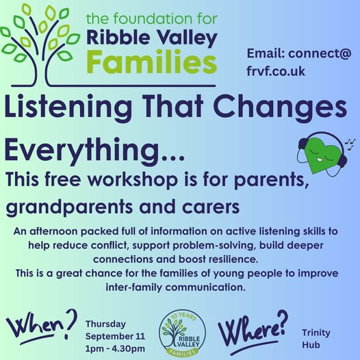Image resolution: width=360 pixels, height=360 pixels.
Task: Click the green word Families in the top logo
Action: coord(152,61)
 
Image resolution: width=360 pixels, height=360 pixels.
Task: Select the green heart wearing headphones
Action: coord(323,153)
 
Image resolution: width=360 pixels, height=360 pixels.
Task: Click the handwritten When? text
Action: coord(41,326)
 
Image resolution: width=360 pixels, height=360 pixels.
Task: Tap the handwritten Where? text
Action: coord(253,331)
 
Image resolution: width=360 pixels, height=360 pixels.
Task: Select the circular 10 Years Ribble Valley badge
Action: coord(182,333)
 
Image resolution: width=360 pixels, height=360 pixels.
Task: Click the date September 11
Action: coord(115,336)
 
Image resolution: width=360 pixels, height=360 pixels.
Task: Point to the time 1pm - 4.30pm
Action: coord(115,348)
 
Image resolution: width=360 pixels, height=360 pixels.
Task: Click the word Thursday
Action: coord(105,324)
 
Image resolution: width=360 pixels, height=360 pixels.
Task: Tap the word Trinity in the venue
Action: coord(316,333)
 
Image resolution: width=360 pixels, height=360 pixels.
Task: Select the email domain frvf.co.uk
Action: coord(276,71)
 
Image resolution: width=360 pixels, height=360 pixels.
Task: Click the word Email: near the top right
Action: coord(266,53)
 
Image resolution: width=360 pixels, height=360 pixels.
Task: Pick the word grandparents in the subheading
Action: coord(69,207)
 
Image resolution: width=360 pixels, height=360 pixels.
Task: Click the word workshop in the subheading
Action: coord(133,179)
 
